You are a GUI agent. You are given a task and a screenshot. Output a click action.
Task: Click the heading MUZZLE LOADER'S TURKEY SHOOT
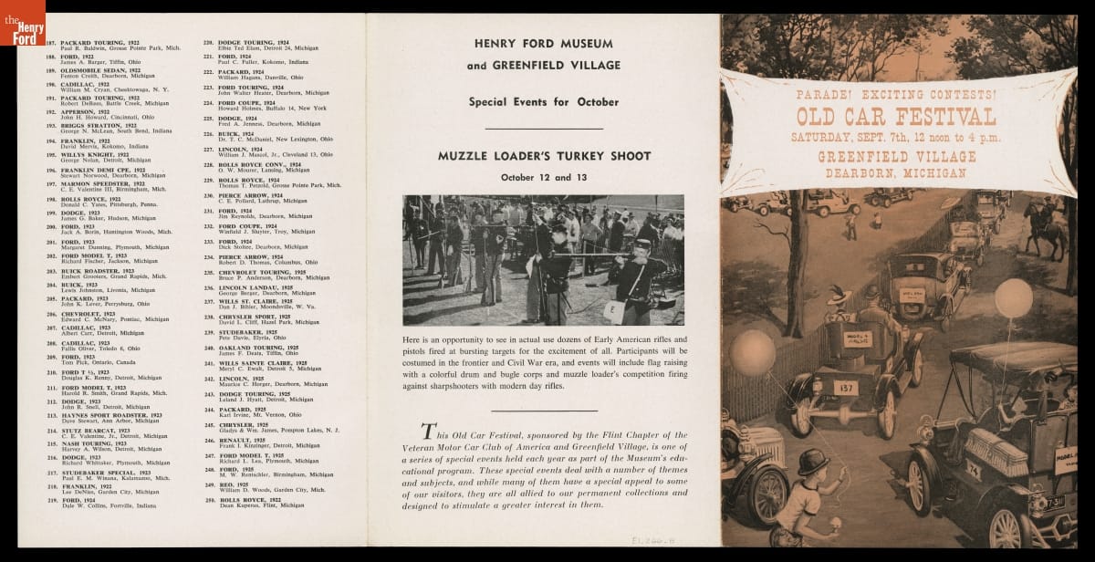pyautogui.click(x=542, y=156)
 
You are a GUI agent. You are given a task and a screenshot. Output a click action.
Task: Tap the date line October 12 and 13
pyautogui.click(x=542, y=176)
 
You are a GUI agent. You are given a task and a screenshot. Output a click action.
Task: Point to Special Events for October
pyautogui.click(x=543, y=102)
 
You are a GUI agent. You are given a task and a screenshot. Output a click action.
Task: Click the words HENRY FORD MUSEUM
pyautogui.click(x=543, y=43)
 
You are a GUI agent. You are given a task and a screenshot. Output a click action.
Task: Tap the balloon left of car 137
pyautogui.click(x=754, y=351)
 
